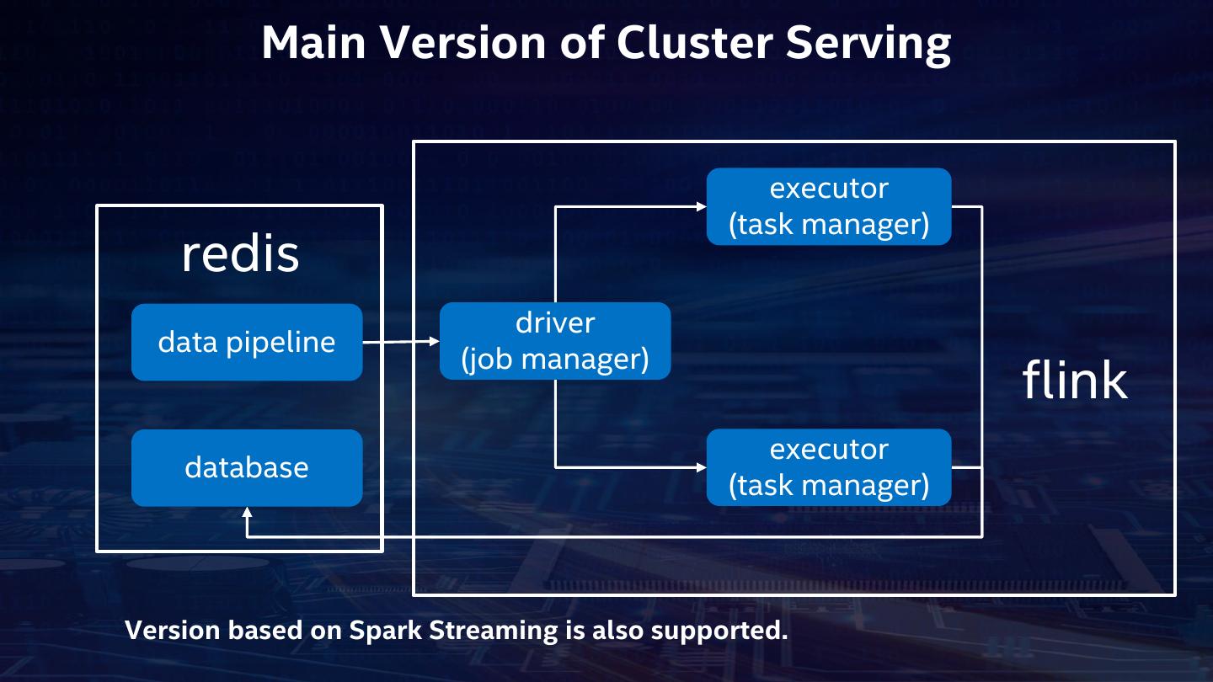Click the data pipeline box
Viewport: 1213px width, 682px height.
click(x=247, y=342)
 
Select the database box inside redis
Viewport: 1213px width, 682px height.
click(x=247, y=468)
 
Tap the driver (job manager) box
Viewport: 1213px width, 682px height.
click(x=555, y=341)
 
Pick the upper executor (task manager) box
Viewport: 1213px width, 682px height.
click(x=829, y=206)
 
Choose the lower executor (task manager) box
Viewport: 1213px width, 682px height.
click(x=829, y=467)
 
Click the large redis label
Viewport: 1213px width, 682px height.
click(x=240, y=253)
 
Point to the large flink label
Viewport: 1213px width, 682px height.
click(x=1075, y=380)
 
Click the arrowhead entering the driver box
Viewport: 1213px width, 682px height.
click(x=435, y=341)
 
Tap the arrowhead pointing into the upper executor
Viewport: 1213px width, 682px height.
click(x=701, y=206)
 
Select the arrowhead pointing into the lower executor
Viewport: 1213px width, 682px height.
click(x=701, y=466)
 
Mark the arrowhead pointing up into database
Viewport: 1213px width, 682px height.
click(x=247, y=512)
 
